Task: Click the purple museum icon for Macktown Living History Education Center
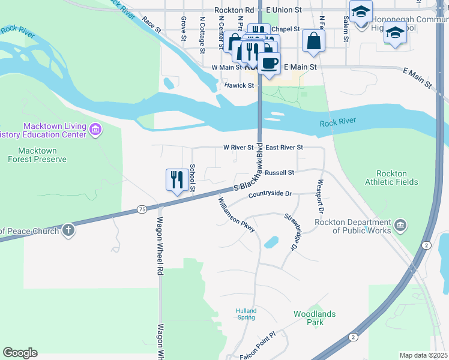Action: tap(95, 130)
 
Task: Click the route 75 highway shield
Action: tap(142, 209)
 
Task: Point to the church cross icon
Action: tap(68, 230)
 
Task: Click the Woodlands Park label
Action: tap(315, 318)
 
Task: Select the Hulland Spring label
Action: tap(246, 314)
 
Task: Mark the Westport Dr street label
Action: tap(320, 197)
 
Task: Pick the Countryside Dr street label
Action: tap(270, 194)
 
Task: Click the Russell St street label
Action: tap(279, 172)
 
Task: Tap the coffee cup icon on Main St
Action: tap(269, 63)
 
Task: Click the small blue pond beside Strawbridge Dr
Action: tap(271, 242)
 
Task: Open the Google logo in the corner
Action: tap(20, 353)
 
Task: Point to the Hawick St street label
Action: tap(240, 86)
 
